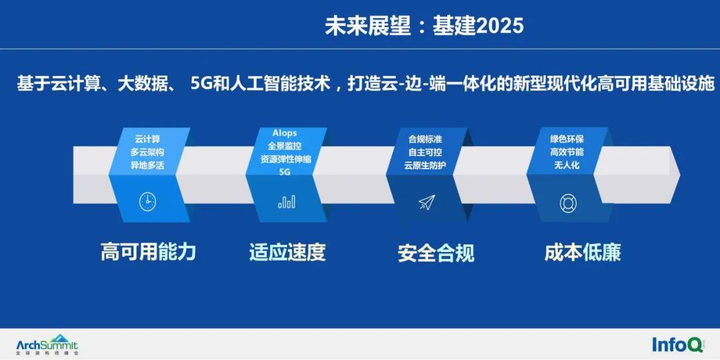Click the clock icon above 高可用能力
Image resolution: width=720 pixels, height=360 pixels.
147,201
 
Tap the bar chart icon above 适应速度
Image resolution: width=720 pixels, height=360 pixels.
286,201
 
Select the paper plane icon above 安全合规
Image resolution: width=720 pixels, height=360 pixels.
427,202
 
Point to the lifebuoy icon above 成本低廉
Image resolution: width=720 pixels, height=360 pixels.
568,203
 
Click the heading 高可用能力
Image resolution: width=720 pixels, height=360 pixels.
148,251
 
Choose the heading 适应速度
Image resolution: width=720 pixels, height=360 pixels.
287,252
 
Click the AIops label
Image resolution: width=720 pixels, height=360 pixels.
285,133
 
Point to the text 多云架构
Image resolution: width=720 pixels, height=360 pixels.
147,152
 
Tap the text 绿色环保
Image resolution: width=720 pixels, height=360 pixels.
567,139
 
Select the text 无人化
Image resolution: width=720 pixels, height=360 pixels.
567,165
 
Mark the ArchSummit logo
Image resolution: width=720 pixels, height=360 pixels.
47,344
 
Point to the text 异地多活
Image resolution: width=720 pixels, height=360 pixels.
147,165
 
